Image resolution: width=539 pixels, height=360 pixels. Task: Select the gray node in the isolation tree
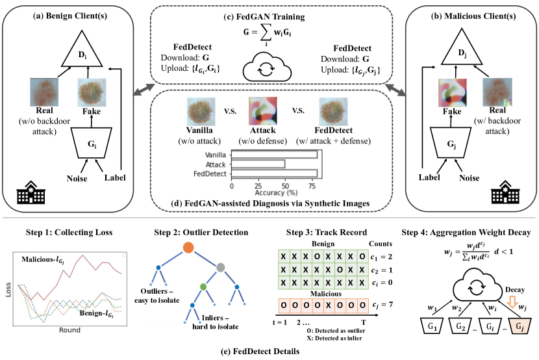220,267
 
